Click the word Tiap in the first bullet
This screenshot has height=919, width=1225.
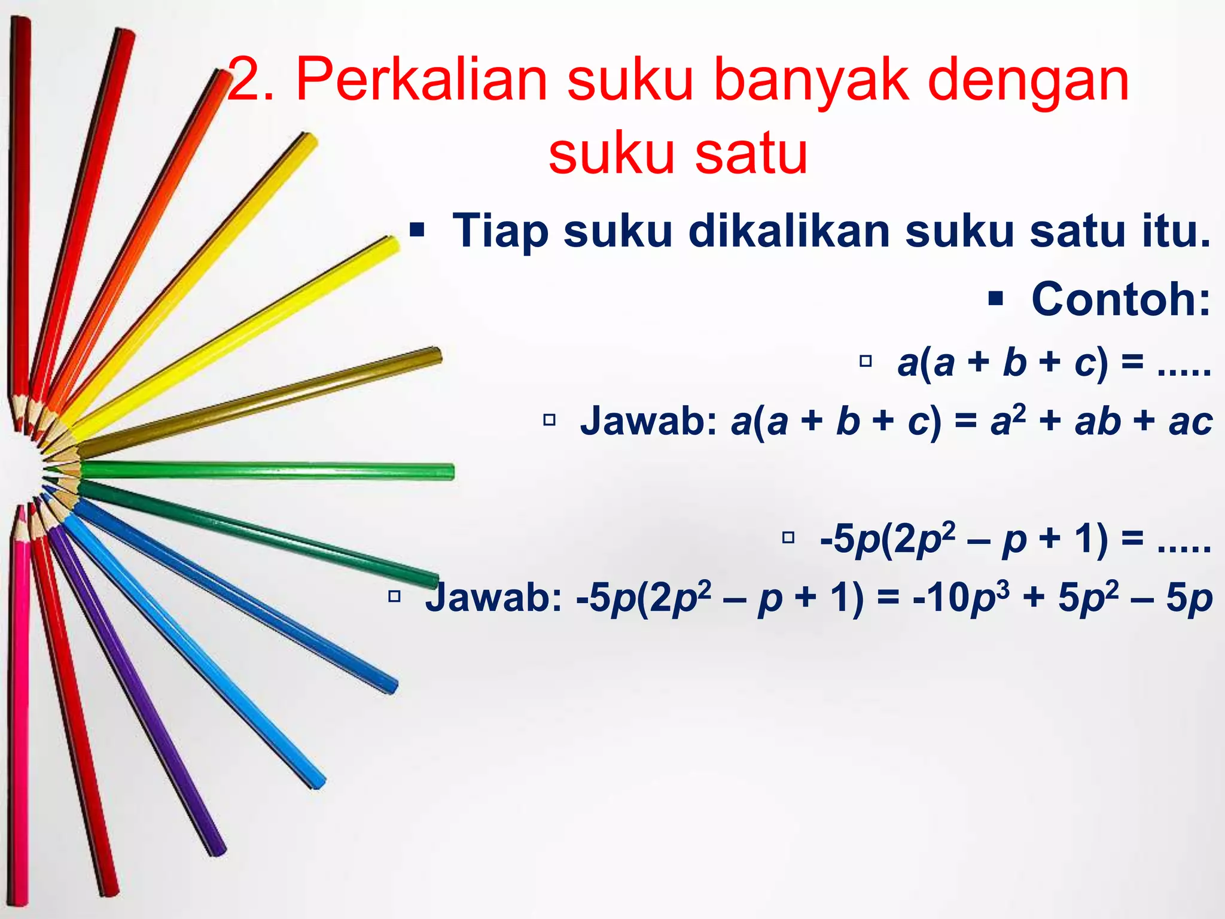[x=500, y=232]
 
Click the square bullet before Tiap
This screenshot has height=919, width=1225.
[x=417, y=230]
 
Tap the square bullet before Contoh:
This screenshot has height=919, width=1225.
[x=995, y=298]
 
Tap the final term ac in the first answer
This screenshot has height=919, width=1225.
[x=1190, y=422]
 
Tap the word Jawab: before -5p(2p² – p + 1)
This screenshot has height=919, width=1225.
[x=494, y=598]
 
